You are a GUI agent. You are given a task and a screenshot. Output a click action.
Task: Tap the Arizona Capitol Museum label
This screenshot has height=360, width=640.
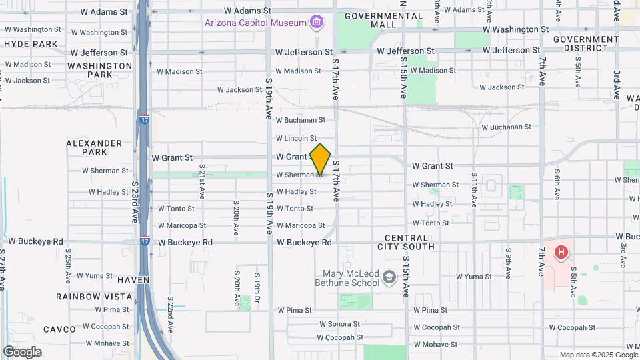click(255, 23)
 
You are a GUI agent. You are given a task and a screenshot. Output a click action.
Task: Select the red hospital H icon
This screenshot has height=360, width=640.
click(562, 253)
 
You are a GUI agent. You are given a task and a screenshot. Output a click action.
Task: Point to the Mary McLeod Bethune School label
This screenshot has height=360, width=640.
click(351, 277)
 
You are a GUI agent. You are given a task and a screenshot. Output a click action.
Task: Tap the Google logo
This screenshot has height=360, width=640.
click(22, 351)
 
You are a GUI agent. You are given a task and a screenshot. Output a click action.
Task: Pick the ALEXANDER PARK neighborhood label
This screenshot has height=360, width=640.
click(94, 147)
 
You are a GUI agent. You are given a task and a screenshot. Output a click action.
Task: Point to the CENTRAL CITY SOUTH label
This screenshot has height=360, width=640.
click(410, 242)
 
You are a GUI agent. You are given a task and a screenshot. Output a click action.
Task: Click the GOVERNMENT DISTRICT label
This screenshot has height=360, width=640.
click(585, 43)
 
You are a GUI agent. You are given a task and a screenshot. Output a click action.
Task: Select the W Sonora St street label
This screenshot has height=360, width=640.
click(339, 324)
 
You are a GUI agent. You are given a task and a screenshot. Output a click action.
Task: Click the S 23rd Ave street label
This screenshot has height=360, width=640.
click(135, 201)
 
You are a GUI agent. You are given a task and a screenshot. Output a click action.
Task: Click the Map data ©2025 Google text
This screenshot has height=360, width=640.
click(598, 355)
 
